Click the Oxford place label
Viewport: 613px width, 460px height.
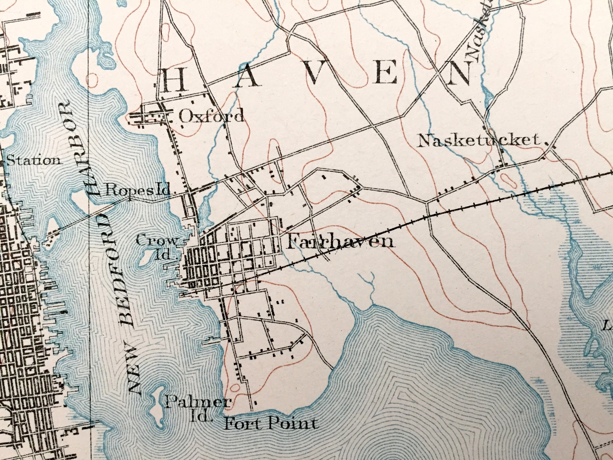point(211,116)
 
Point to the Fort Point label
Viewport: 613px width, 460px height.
point(270,424)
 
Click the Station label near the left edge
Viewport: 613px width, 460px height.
point(33,160)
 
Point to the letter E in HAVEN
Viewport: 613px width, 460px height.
point(385,73)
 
